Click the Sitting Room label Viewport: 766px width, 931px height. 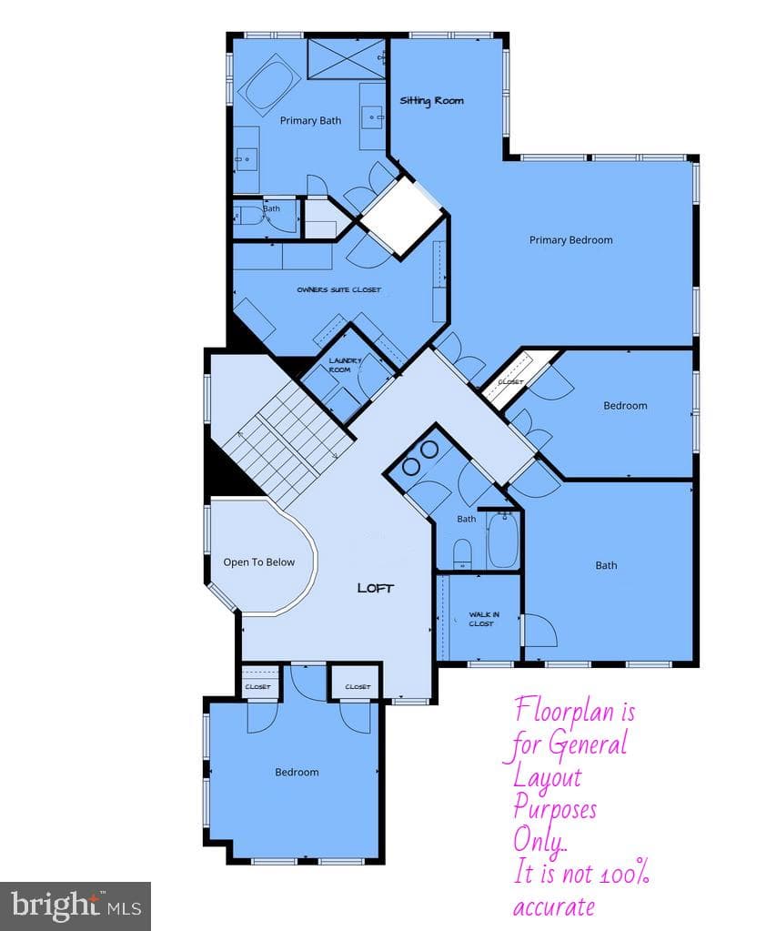coord(431,100)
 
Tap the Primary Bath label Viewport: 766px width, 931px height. coord(310,120)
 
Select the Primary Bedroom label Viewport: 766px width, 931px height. coord(570,240)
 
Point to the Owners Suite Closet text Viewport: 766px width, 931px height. coord(338,289)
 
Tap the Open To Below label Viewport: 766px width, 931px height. coord(258,562)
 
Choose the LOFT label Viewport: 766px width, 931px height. coord(375,589)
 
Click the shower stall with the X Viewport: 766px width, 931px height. coord(346,58)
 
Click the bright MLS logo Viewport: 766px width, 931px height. coord(76,906)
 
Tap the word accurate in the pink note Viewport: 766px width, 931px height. coord(554,907)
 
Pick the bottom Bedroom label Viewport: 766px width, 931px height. coord(297,773)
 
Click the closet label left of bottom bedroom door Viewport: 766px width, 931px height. coord(257,687)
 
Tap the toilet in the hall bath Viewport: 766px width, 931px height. coord(462,554)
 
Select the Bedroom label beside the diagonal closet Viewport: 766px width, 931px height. coord(625,406)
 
